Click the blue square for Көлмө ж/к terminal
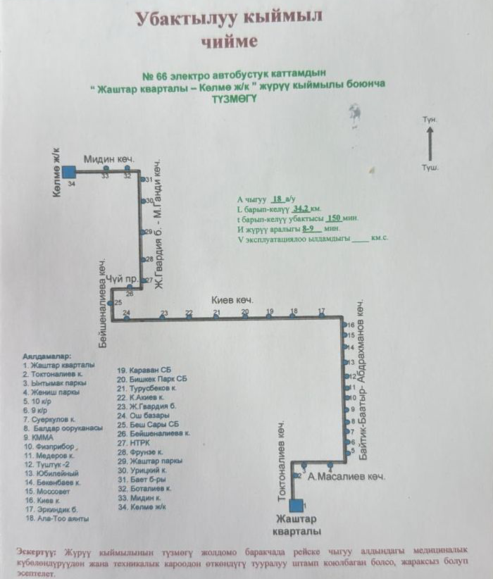(x=68, y=171)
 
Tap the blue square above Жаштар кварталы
(x=297, y=504)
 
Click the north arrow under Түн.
(x=430, y=146)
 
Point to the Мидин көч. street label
(x=109, y=159)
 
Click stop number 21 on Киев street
(x=217, y=318)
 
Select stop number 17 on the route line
(x=321, y=318)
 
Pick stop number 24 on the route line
(x=126, y=318)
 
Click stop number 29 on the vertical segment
(x=143, y=232)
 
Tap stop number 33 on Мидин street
(x=106, y=170)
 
